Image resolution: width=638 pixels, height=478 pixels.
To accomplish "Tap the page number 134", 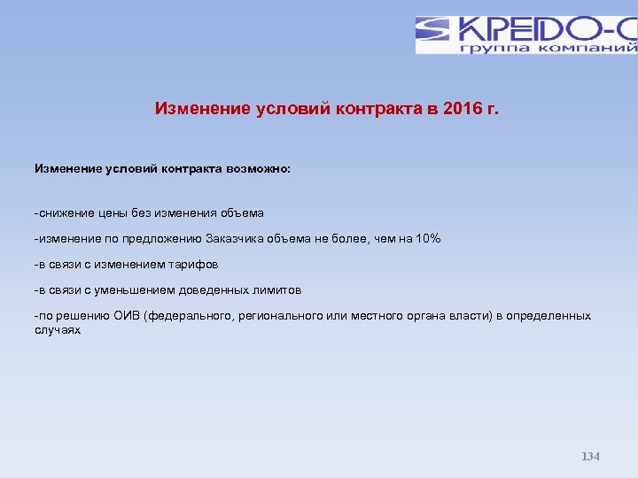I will [590, 457].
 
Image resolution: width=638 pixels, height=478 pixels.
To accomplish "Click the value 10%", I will [425, 239].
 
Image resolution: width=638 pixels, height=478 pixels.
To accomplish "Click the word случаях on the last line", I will [58, 330].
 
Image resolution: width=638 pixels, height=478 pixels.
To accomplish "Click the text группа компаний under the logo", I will [548, 48].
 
